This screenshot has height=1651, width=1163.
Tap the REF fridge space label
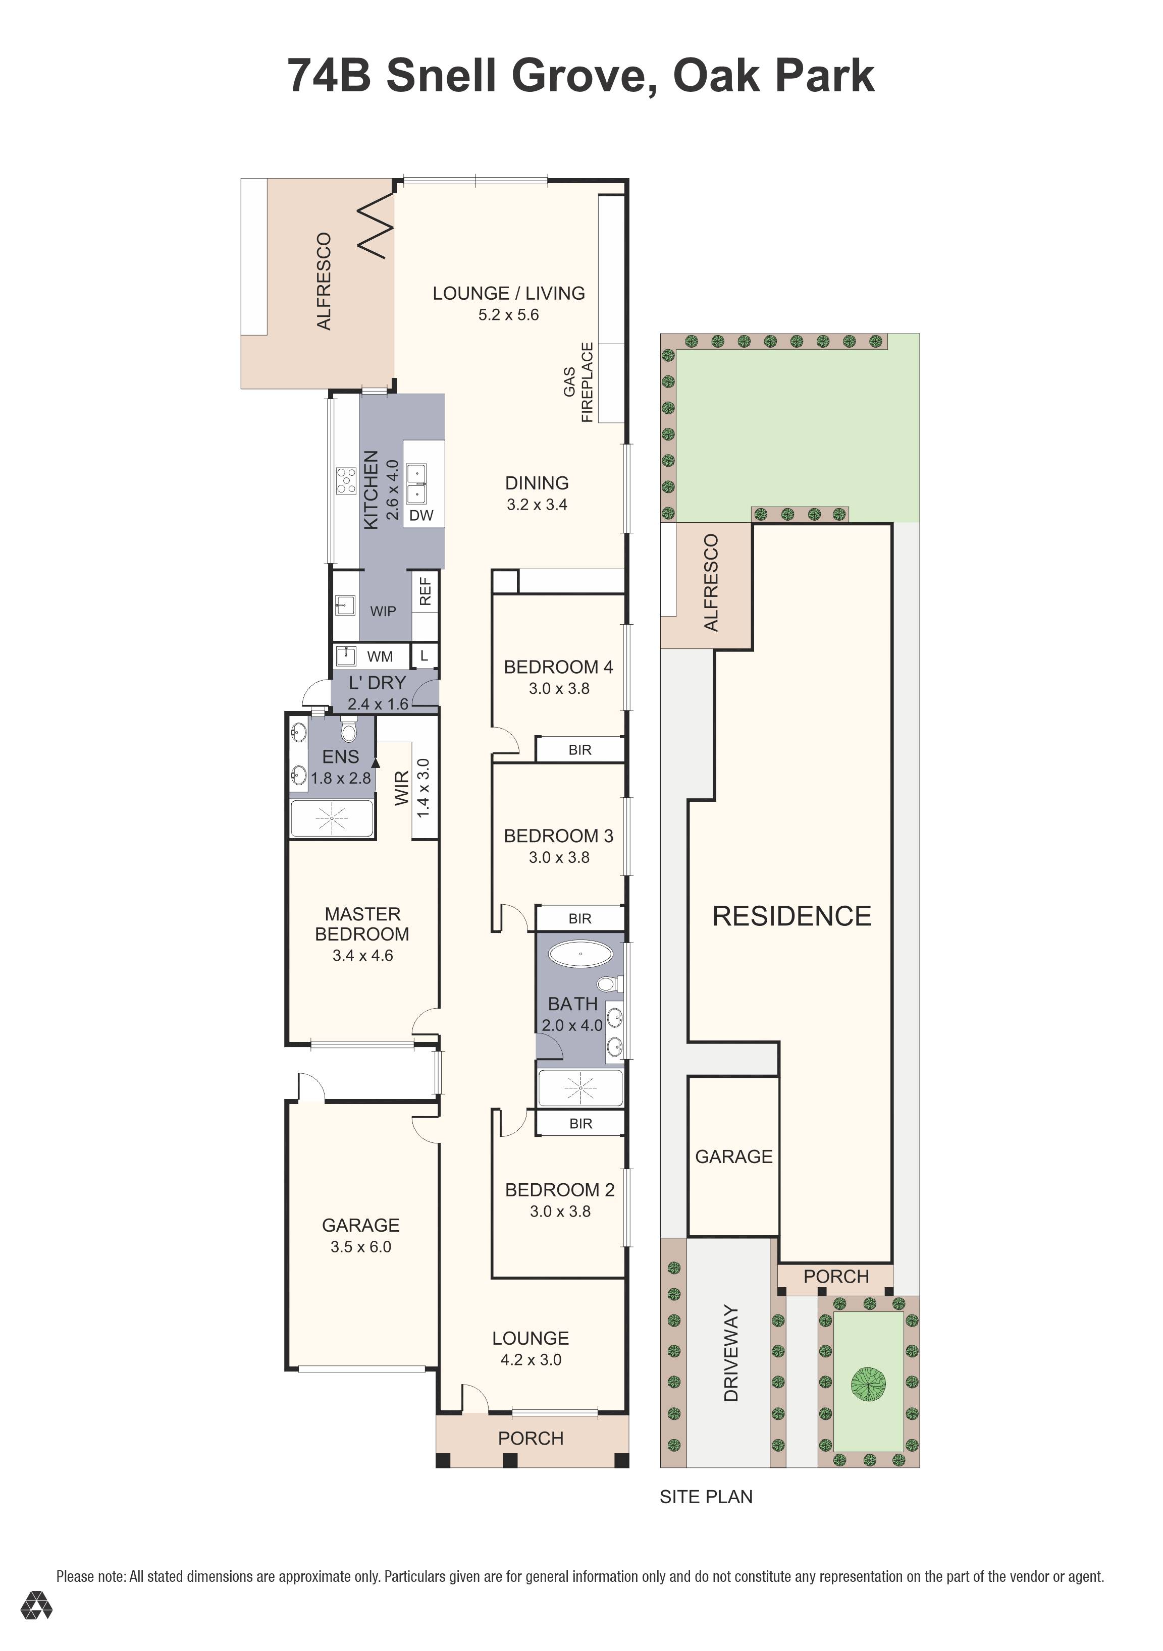(x=425, y=591)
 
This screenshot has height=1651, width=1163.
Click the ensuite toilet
(x=349, y=732)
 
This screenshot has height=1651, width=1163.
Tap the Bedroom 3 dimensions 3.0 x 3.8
(x=559, y=857)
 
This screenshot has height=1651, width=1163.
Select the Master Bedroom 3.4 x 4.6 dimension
(x=362, y=956)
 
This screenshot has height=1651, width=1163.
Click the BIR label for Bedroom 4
(x=579, y=750)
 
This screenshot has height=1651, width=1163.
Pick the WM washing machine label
(x=380, y=656)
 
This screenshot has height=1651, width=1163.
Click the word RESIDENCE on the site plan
(x=792, y=916)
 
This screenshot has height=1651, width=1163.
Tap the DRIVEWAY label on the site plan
(x=731, y=1354)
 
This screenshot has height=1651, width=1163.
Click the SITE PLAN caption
(x=706, y=1497)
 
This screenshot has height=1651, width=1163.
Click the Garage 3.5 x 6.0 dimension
(x=360, y=1247)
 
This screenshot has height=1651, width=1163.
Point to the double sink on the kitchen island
(x=416, y=484)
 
